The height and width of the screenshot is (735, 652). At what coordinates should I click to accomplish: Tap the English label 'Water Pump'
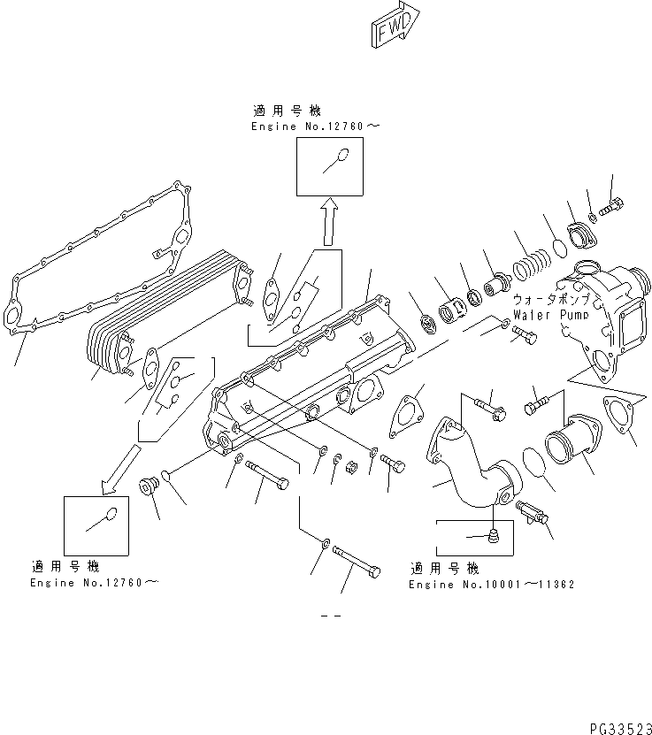(x=549, y=315)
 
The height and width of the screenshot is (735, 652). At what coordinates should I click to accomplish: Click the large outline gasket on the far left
(x=97, y=265)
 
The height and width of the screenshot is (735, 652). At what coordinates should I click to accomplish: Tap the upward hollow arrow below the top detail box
(x=328, y=221)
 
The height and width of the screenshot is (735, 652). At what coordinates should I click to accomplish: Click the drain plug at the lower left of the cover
(x=149, y=486)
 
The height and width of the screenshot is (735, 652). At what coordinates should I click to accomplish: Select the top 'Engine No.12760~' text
(x=315, y=127)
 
